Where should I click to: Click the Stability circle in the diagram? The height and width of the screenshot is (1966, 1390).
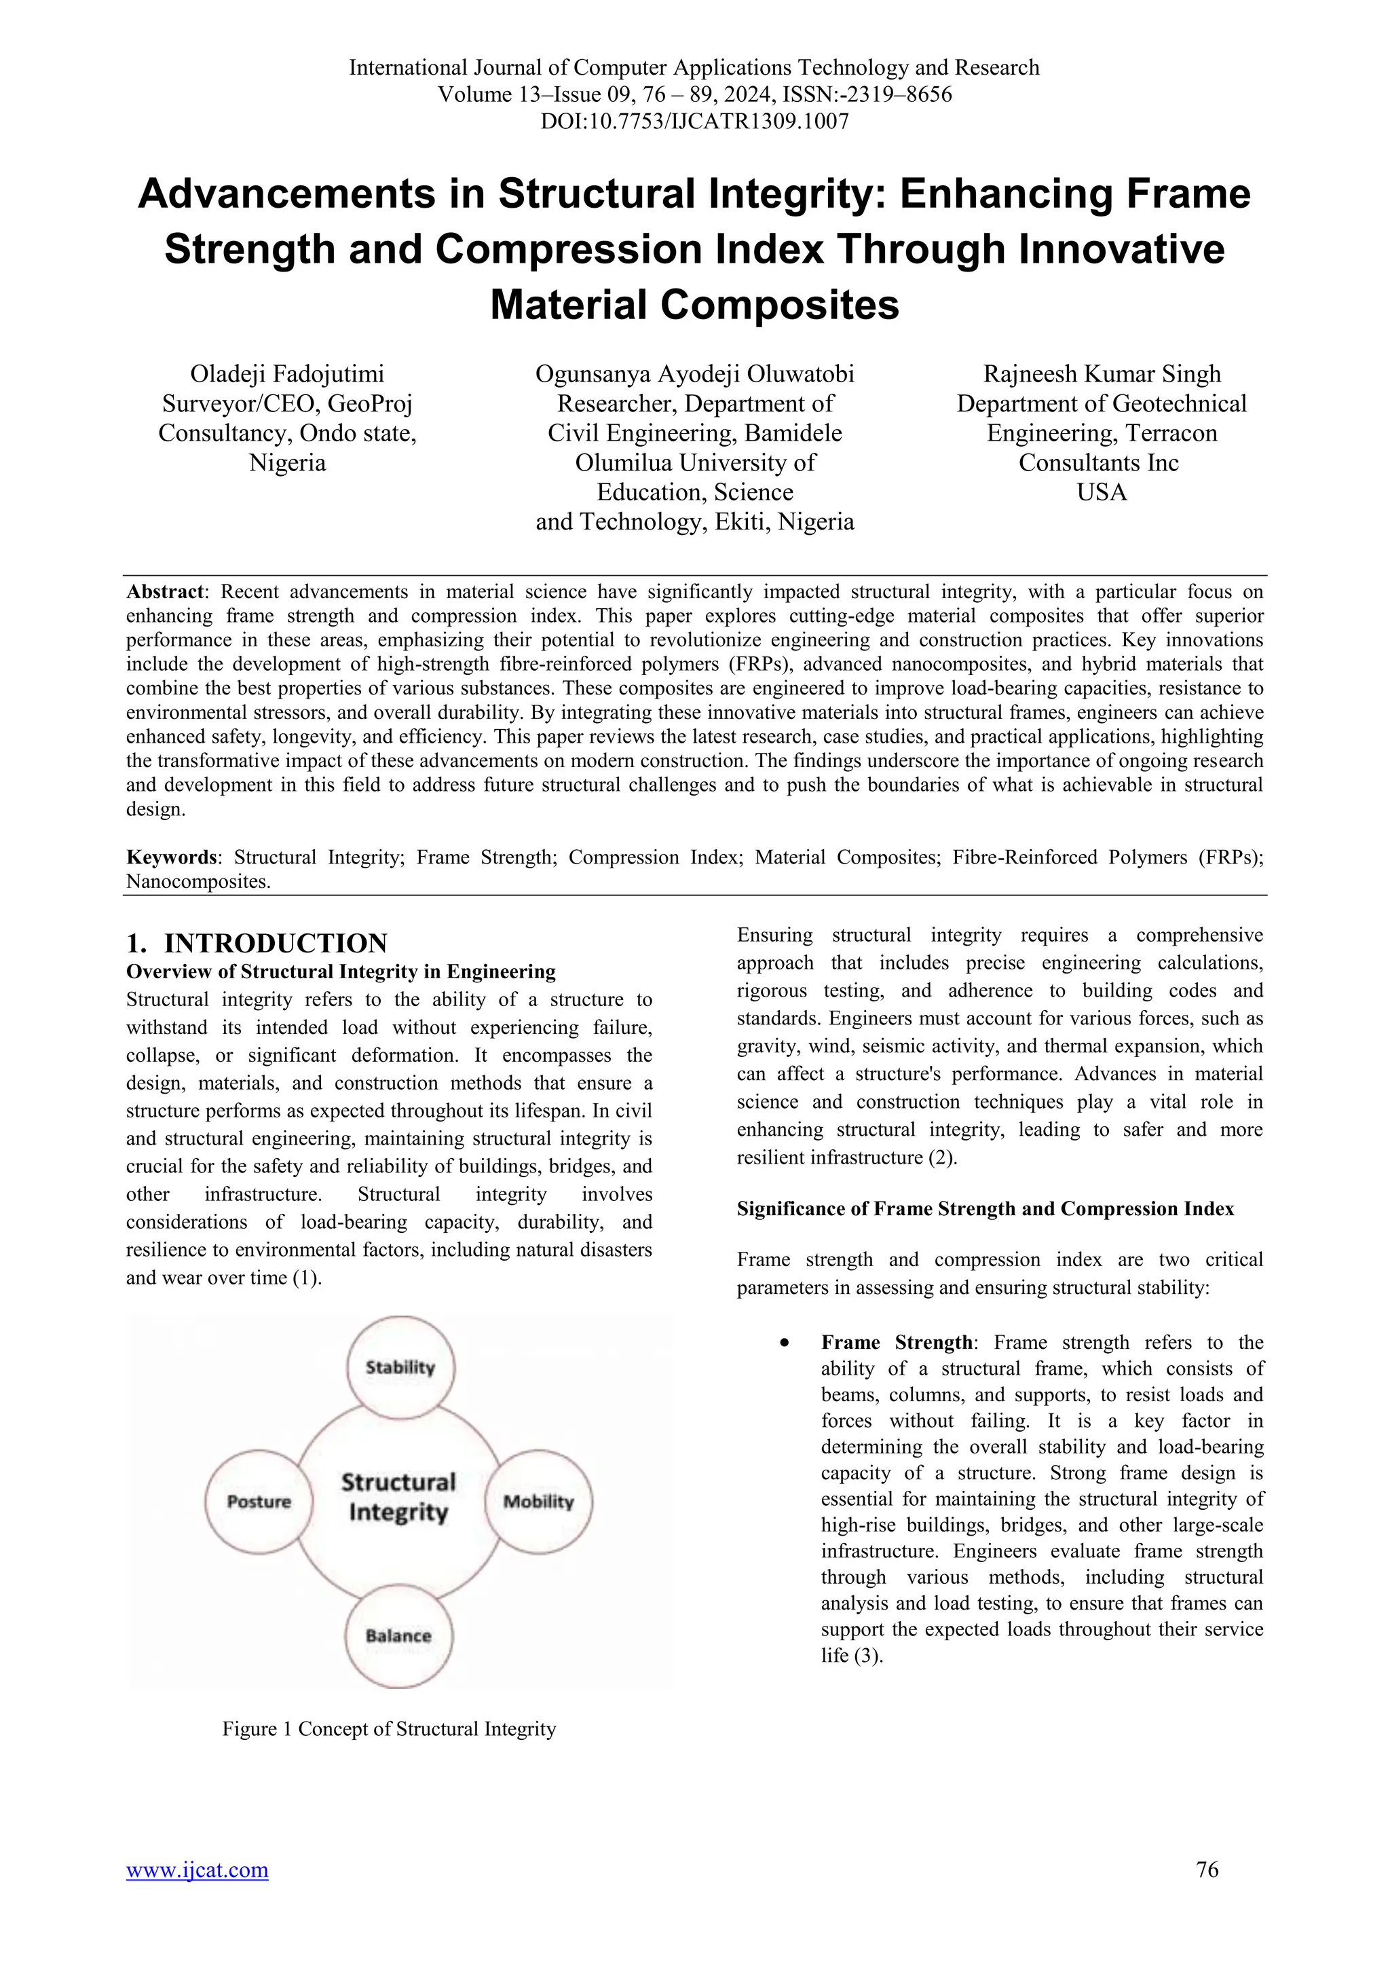400,1367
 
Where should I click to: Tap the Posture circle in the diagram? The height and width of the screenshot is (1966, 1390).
259,1502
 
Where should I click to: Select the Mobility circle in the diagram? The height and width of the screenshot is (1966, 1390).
538,1502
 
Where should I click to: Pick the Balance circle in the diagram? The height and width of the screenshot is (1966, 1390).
399,1635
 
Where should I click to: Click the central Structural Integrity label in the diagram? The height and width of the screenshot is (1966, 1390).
399,1498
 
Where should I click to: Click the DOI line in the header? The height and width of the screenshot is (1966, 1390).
694,121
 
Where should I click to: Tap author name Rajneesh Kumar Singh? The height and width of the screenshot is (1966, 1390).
1102,374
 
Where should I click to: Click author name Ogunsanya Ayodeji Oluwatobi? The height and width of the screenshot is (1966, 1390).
694,374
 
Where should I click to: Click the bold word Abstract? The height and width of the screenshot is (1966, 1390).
165,592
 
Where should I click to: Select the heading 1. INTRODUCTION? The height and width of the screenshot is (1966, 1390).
257,943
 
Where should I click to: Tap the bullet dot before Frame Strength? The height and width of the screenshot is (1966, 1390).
784,1343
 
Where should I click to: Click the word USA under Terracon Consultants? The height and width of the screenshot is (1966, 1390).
1102,492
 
